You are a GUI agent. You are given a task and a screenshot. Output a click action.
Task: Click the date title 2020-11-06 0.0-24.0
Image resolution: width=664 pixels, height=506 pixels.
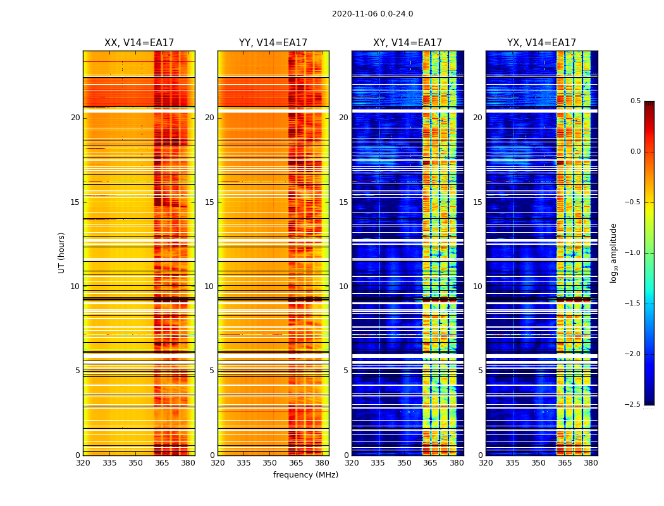[x=372, y=14]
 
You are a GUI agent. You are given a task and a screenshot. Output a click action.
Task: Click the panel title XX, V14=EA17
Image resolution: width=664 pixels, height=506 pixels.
[x=139, y=43]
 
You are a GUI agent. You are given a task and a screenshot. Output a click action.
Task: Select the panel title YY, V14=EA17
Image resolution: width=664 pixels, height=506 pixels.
[x=273, y=43]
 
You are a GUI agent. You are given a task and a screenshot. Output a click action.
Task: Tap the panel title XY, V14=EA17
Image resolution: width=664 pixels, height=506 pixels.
[x=407, y=43]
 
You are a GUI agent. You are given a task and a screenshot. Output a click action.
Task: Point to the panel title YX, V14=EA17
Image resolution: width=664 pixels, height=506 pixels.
[x=541, y=43]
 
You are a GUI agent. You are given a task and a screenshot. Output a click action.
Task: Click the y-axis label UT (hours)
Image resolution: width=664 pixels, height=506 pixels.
[x=62, y=252]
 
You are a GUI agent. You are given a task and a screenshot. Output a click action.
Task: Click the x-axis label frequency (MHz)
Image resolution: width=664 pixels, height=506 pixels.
[x=305, y=475]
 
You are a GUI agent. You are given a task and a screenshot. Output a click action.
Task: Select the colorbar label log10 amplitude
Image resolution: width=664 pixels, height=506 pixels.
[x=613, y=253]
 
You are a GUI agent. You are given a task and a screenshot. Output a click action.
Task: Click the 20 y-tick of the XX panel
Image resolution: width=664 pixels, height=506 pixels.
[x=75, y=118]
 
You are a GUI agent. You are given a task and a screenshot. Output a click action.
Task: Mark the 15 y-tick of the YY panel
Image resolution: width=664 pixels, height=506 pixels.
[x=209, y=202]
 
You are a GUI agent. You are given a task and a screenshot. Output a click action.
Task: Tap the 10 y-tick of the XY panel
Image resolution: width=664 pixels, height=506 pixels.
[x=343, y=287]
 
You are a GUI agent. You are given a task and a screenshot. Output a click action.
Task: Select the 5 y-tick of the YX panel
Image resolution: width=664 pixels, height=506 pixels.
[x=480, y=371]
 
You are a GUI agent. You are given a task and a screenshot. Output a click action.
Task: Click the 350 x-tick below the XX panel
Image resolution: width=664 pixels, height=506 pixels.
[x=135, y=463]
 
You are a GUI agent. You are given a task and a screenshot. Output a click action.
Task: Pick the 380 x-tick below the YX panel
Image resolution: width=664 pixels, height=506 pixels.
[x=591, y=463]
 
